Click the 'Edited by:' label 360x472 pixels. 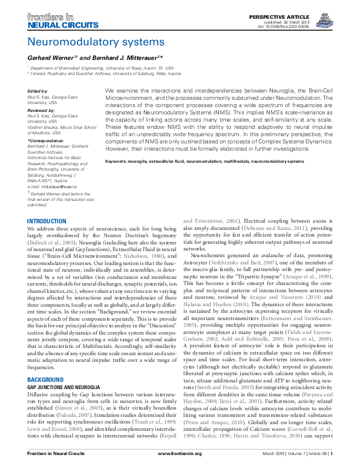click(38, 91)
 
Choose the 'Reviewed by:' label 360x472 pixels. click(40, 112)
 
